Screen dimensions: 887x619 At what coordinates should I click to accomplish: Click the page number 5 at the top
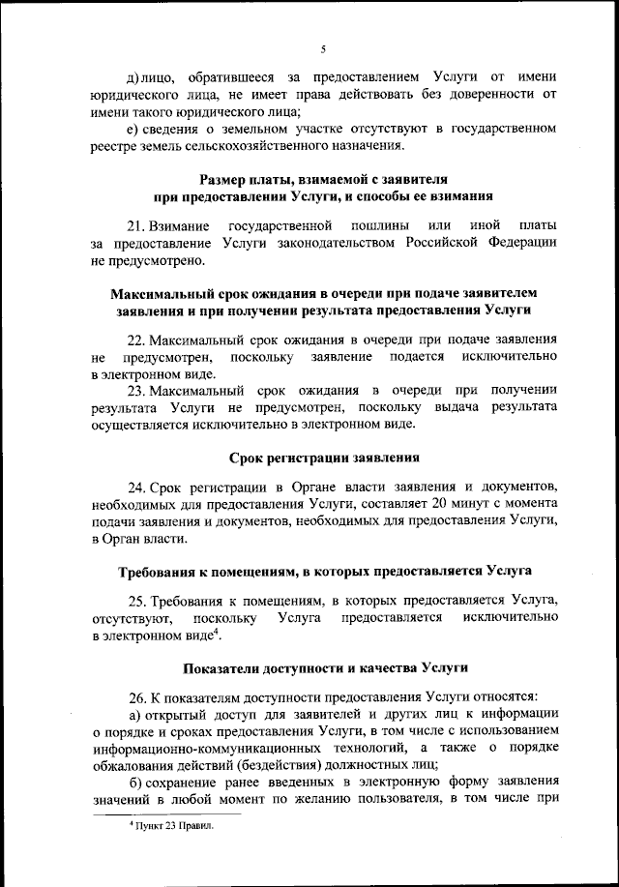coord(323,48)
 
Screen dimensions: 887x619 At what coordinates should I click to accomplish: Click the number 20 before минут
coord(443,504)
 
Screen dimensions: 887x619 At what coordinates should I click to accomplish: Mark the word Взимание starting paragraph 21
coord(180,225)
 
